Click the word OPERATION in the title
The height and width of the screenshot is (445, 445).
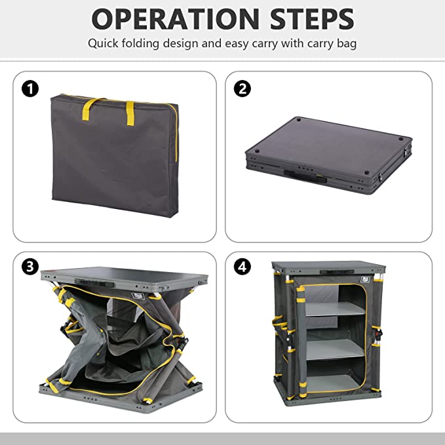[x=176, y=19]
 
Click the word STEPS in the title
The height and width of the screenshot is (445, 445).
[x=312, y=19]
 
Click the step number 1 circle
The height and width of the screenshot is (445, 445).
[x=30, y=88]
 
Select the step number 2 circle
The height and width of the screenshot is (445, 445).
[x=242, y=88]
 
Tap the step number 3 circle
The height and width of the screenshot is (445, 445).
[x=30, y=267]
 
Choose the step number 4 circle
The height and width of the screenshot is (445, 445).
[x=242, y=267]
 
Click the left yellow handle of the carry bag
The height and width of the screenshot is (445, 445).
[x=90, y=108]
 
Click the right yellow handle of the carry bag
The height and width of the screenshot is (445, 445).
[x=130, y=113]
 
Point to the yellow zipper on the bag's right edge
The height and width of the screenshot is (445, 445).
[x=176, y=134]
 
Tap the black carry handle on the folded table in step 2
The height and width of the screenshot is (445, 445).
[x=305, y=176]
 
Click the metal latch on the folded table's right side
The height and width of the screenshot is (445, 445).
[x=408, y=149]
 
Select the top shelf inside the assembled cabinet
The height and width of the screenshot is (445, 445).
[x=335, y=309]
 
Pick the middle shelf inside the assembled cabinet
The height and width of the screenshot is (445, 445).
[x=335, y=349]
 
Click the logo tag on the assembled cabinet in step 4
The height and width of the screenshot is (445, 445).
[x=364, y=280]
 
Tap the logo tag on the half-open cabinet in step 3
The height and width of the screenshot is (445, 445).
[x=138, y=296]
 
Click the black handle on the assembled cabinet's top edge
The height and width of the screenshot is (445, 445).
[x=337, y=272]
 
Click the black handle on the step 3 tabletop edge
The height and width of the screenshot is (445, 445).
[x=94, y=283]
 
